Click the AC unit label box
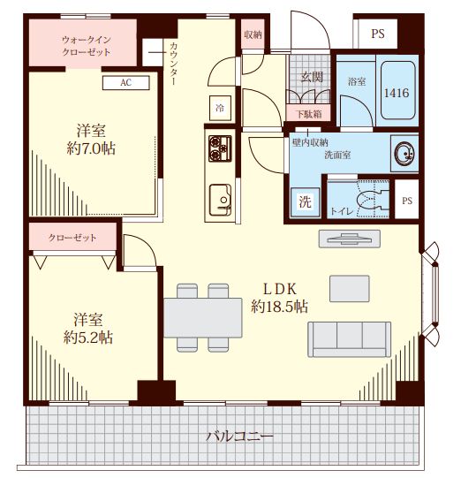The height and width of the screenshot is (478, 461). pos(125,83)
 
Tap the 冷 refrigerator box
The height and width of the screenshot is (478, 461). pos(220,108)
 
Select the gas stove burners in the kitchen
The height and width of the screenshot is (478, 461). pos(220,148)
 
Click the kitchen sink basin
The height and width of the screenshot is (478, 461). pos(220,200)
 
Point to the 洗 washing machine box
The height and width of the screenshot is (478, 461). pos(305,202)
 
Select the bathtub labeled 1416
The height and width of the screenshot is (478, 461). pos(398,91)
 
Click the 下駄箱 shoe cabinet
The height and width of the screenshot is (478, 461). pos(308,114)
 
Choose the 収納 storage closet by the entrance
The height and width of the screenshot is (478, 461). pos(253,34)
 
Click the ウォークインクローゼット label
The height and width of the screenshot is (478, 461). pos(87,46)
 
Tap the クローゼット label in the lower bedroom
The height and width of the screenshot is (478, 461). pos(72,238)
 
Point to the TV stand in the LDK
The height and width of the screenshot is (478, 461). pos(350,239)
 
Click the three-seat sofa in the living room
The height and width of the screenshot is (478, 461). pos(349,339)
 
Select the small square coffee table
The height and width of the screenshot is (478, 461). pos(350,288)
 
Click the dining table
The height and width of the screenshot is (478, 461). pos(203,318)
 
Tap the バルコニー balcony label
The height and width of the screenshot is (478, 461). pos(239,436)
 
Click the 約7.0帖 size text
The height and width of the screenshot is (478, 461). pos(91,149)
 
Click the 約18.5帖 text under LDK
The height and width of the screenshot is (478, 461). pos(279,307)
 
